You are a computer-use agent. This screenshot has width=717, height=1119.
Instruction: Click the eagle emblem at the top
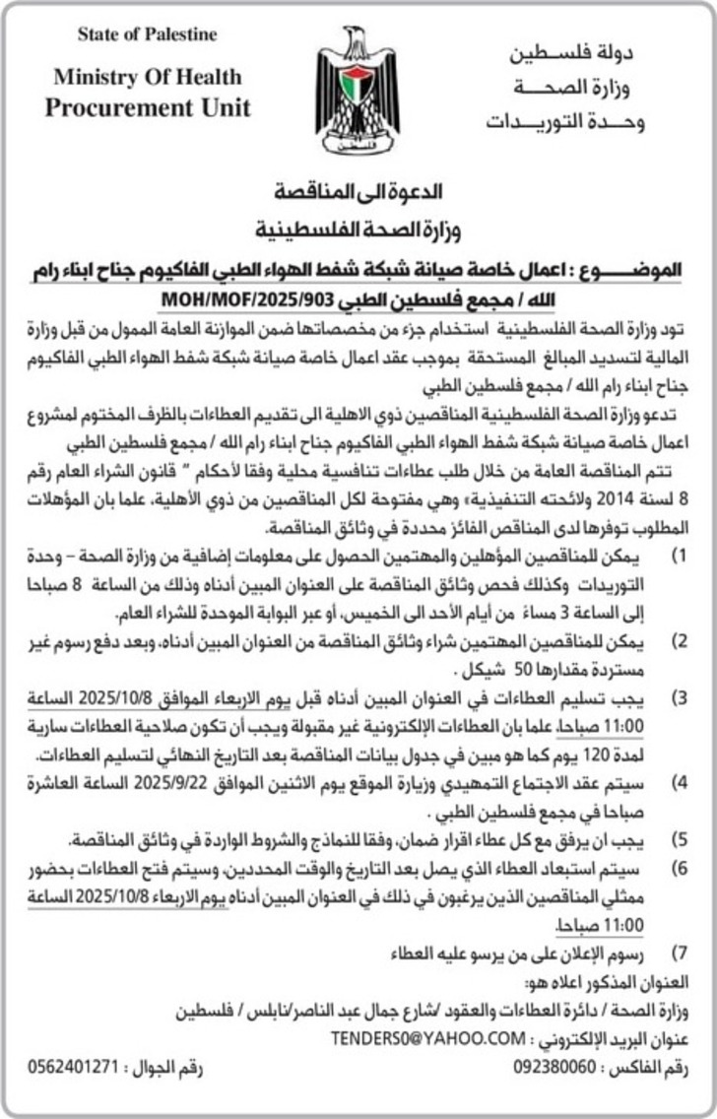pos(358,95)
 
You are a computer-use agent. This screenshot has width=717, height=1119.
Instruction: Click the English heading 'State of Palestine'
pos(148,34)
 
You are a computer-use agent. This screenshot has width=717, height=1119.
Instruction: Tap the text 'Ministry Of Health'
pos(148,76)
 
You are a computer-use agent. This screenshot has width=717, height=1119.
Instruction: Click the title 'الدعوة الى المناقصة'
pos(358,190)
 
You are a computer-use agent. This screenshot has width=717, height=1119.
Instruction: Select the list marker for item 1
pos(680,556)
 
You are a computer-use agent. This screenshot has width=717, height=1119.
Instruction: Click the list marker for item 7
pos(680,953)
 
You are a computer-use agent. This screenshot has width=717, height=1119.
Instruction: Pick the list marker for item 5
pos(680,841)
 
